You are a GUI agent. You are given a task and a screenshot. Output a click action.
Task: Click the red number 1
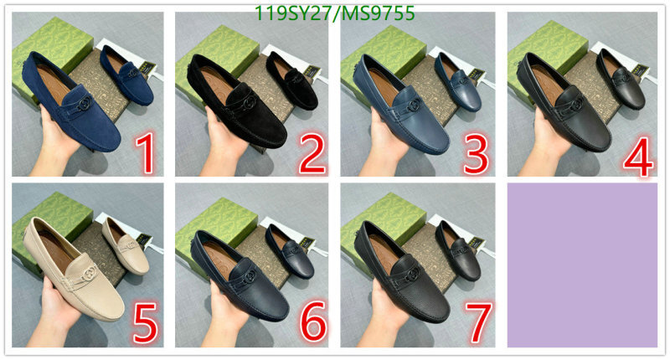coord(144,152)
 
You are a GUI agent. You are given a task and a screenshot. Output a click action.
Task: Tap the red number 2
coord(312,152)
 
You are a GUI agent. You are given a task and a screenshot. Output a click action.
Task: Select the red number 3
coord(476,153)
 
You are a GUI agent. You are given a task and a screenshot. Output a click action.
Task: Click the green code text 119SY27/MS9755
coord(334,13)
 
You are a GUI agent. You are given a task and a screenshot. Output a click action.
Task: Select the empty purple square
coord(582,265)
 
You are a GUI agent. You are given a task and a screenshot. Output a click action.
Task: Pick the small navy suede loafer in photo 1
coord(126,75)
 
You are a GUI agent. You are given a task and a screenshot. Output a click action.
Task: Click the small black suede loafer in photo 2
coord(291,80)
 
